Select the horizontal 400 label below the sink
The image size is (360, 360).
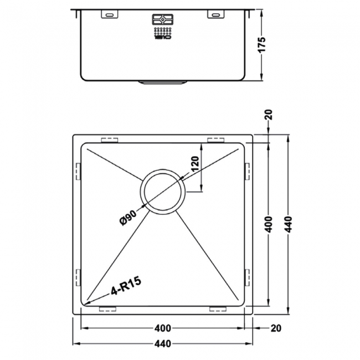(x=163, y=328)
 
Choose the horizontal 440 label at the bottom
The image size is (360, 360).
(x=163, y=344)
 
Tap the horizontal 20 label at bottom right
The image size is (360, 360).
(x=275, y=328)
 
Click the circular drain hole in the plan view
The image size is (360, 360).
(x=162, y=192)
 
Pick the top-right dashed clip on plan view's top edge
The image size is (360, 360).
(x=215, y=139)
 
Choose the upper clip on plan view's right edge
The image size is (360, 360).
(x=247, y=171)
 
